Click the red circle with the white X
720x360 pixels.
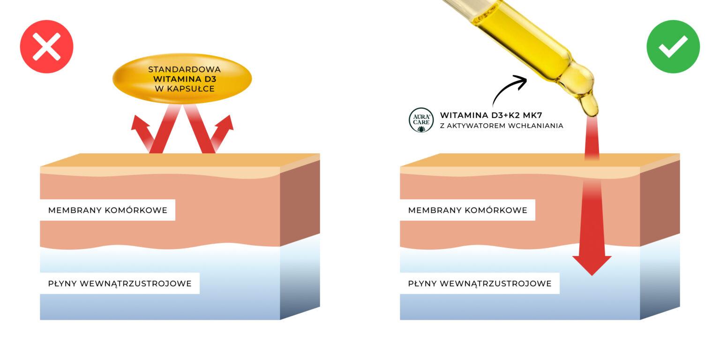click(x=46, y=47)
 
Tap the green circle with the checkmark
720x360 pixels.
click(x=673, y=47)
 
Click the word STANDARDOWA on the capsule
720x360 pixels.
click(x=184, y=69)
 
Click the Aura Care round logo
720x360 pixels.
click(x=421, y=120)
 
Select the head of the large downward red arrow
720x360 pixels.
click(x=592, y=265)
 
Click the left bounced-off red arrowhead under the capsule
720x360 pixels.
click(x=139, y=123)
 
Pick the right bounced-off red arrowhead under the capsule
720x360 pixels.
click(x=225, y=123)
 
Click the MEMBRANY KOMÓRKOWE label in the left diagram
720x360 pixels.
click(x=108, y=210)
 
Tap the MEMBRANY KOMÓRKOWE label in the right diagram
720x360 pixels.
click(x=467, y=210)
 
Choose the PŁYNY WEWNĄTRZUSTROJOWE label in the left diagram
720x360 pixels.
click(x=120, y=283)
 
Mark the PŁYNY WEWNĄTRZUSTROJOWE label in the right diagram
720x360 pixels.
click(x=480, y=283)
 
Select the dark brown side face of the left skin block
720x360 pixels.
click(x=300, y=202)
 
